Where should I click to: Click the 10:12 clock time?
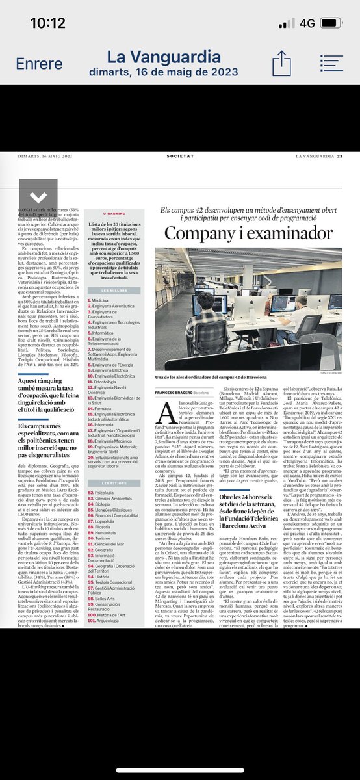pyautogui.click(x=47, y=23)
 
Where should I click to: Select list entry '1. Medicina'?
pyautogui.click(x=99, y=283)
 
